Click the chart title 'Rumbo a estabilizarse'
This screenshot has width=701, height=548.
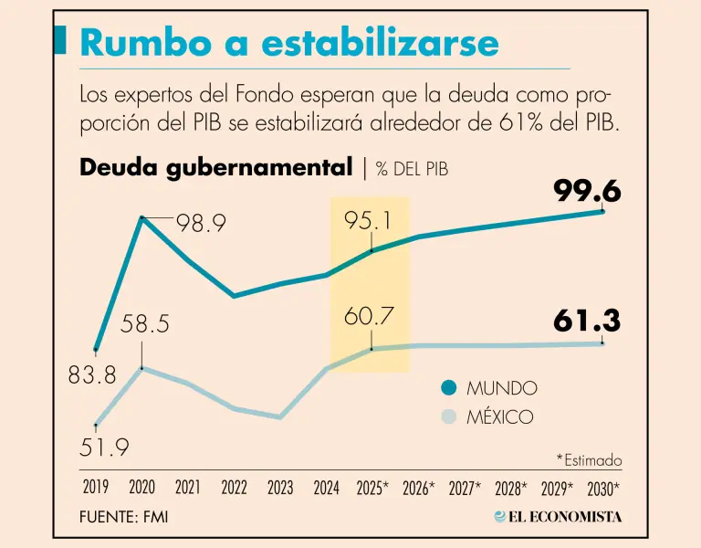click(289, 43)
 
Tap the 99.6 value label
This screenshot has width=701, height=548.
click(587, 191)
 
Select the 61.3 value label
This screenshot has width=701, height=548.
click(587, 321)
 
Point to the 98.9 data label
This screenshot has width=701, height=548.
click(202, 223)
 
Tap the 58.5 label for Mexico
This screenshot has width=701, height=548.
click(145, 324)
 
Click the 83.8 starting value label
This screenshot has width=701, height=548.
click(92, 374)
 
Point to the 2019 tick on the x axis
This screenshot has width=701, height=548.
click(96, 488)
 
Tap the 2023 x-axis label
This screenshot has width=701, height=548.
click(279, 488)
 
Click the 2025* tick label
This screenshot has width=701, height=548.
click(372, 488)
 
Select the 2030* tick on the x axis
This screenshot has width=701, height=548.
click(603, 488)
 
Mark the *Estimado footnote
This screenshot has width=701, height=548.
click(588, 459)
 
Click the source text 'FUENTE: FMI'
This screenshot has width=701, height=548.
click(123, 517)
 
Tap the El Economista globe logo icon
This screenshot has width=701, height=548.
click(500, 516)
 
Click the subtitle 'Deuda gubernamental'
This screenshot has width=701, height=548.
click(215, 167)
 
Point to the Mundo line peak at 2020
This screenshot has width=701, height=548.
click(142, 217)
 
